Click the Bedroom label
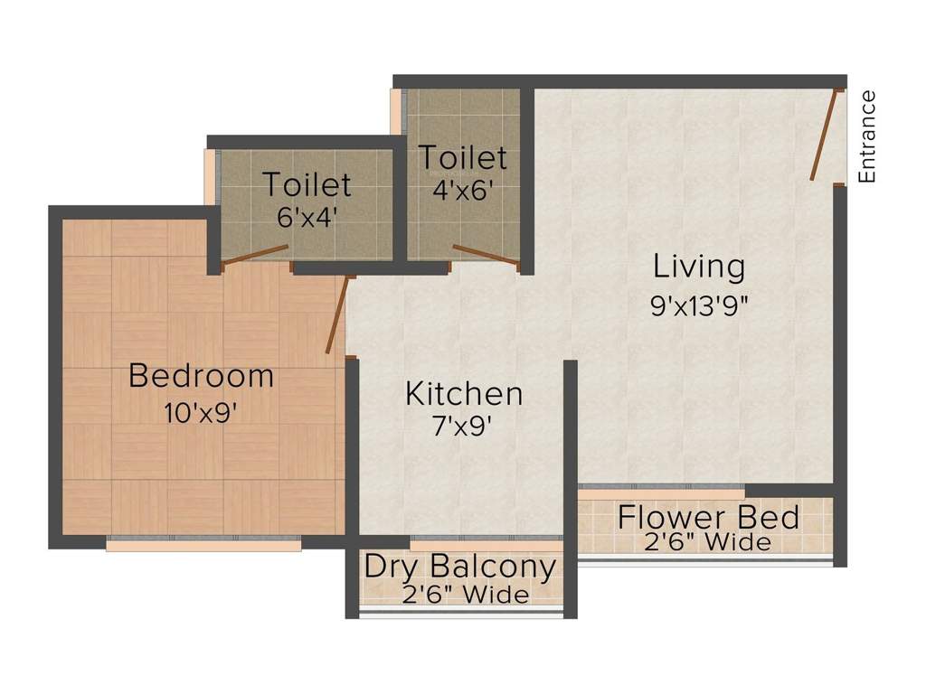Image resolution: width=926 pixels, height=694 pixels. click(201, 375)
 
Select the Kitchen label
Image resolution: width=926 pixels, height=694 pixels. click(464, 394)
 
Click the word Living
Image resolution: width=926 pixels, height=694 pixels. click(700, 267)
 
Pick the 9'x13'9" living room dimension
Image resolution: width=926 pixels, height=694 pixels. click(700, 305)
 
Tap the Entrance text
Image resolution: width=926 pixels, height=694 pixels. click(867, 136)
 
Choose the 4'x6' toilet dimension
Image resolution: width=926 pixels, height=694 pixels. click(462, 192)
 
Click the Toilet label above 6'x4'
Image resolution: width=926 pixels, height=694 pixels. click(307, 184)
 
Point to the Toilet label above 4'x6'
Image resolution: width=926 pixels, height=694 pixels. click(462, 157)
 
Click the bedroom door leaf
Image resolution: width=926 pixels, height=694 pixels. click(337, 315)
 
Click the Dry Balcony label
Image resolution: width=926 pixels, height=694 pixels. click(459, 567)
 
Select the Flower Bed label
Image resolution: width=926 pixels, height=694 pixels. click(708, 518)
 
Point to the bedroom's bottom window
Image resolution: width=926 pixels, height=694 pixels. click(203, 544)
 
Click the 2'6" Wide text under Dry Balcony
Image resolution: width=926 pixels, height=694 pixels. click(465, 595)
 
